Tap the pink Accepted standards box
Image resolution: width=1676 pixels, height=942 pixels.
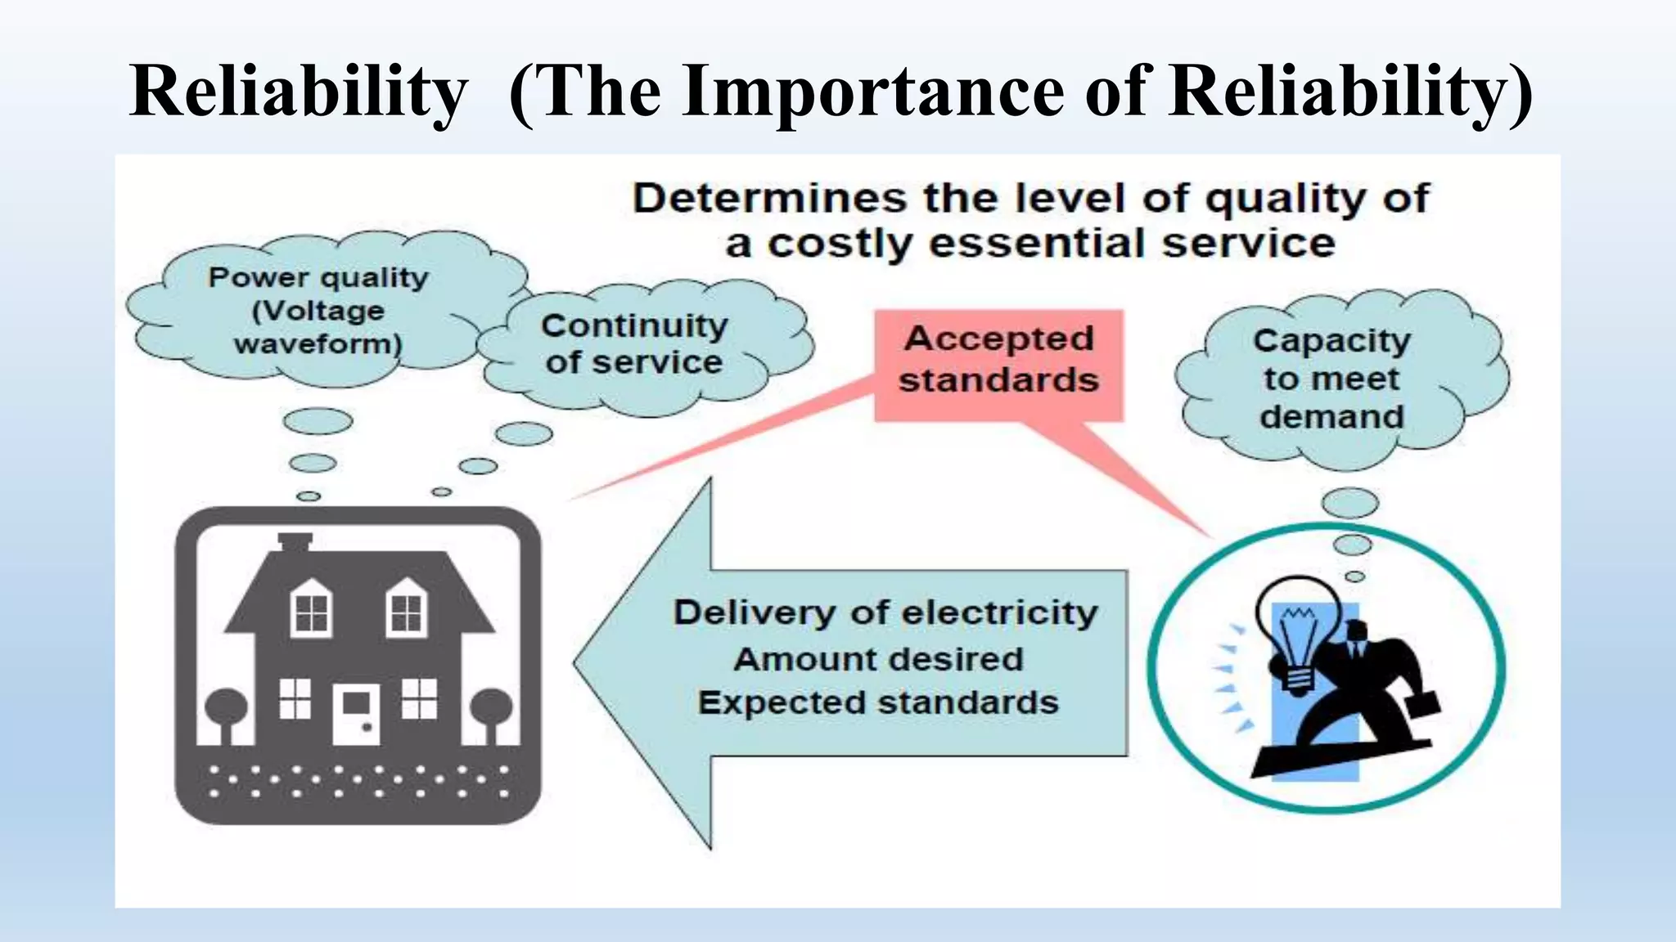coord(998,361)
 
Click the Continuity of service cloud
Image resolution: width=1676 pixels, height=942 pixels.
coord(634,343)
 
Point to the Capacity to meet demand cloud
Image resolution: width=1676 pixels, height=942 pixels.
coord(1332,378)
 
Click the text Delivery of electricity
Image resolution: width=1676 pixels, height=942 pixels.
coord(885,612)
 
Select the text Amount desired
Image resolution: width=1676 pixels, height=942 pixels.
coord(878,659)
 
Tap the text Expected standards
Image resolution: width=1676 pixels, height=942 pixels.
coord(878,703)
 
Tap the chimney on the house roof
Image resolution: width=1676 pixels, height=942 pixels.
coord(295,542)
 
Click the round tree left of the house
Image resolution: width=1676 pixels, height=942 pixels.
coord(227,708)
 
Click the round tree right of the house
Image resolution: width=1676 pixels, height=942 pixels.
coord(491,708)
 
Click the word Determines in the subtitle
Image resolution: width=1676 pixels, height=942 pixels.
coord(770,200)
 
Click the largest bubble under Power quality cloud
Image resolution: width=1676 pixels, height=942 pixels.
coord(318,421)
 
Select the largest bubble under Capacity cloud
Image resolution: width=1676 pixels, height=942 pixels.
coord(1350,502)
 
